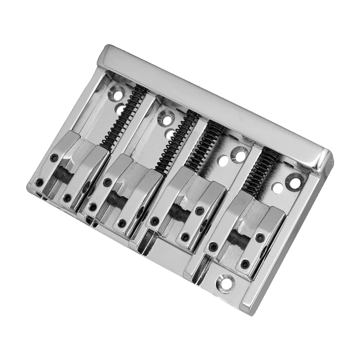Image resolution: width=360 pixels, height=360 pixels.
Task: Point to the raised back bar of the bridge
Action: point(216,104)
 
